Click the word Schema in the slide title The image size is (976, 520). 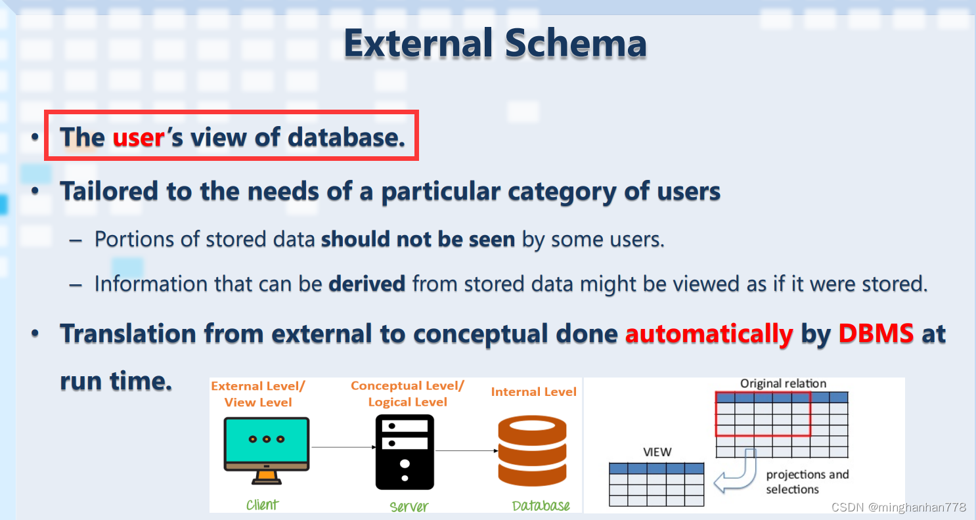click(575, 43)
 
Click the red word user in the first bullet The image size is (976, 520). click(139, 138)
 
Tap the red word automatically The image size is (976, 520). click(709, 334)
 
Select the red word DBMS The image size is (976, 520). click(876, 334)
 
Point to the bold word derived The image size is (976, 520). click(367, 284)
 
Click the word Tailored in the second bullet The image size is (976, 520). click(109, 191)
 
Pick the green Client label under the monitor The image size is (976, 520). click(262, 504)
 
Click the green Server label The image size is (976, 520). click(409, 506)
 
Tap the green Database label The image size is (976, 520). click(541, 506)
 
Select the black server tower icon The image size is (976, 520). click(405, 452)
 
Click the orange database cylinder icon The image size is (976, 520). click(532, 451)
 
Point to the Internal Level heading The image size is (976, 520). click(533, 392)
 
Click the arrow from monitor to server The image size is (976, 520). click(344, 447)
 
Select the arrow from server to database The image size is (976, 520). click(466, 451)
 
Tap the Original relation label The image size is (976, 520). click(783, 383)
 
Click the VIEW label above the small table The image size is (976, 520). click(657, 452)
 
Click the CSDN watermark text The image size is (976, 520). click(898, 508)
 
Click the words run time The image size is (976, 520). click(116, 381)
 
